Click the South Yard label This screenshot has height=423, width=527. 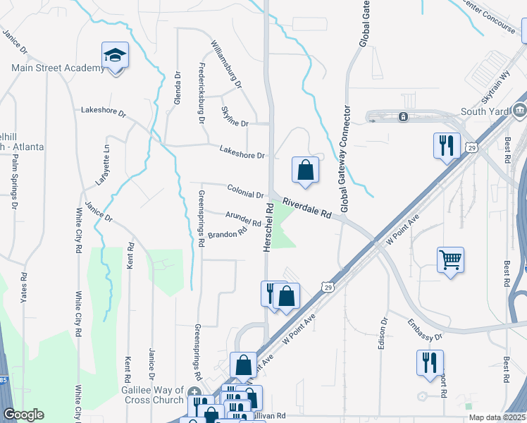(484, 111)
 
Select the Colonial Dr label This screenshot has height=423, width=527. (245, 190)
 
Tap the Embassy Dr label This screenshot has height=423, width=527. (424, 331)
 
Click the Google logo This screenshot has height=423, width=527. (23, 415)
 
